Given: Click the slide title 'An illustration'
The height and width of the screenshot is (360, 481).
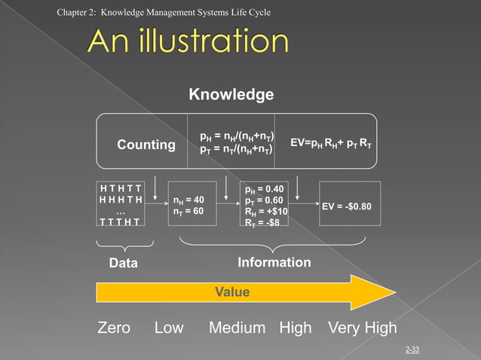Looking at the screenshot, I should tap(187, 41).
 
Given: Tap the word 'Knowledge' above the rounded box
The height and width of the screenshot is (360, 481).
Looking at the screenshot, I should tap(231, 95).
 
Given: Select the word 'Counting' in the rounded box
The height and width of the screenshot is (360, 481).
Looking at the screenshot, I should tap(146, 144).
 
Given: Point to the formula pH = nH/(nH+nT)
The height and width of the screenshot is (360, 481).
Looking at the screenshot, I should tap(236, 136).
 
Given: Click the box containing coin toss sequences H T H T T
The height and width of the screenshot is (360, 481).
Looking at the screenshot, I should tap(121, 204).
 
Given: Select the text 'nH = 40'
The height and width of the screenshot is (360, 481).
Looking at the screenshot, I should tap(188, 200).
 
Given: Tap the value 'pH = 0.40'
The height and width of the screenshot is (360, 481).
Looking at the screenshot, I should tap(264, 189).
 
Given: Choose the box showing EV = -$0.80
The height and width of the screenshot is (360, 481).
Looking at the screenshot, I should tap(350, 204).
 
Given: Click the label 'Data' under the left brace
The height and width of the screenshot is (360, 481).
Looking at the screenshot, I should tap(124, 264).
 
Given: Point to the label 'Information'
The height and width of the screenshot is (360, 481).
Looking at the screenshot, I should tap(274, 262).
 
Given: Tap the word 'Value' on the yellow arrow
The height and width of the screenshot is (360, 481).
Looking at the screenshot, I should tap(233, 292).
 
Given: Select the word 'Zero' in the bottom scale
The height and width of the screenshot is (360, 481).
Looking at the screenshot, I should tap(114, 328).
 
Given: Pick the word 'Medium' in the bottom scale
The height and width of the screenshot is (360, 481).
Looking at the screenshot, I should tap(237, 328).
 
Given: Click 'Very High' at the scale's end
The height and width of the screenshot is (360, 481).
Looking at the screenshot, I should tap(361, 328).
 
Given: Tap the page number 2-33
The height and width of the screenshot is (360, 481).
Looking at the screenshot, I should tap(412, 349).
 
